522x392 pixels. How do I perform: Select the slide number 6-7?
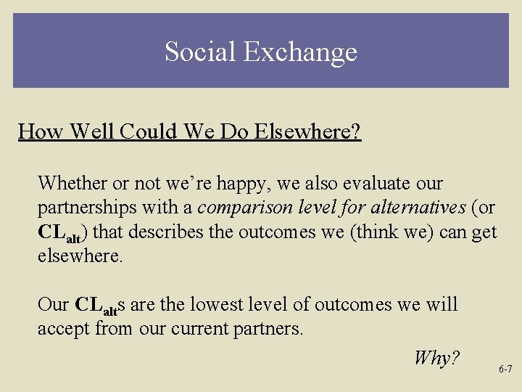505,369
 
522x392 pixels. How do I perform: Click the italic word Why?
436,357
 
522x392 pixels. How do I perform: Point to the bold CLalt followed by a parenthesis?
62,232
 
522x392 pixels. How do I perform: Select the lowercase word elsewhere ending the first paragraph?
80,256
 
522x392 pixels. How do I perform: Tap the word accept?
63,330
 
